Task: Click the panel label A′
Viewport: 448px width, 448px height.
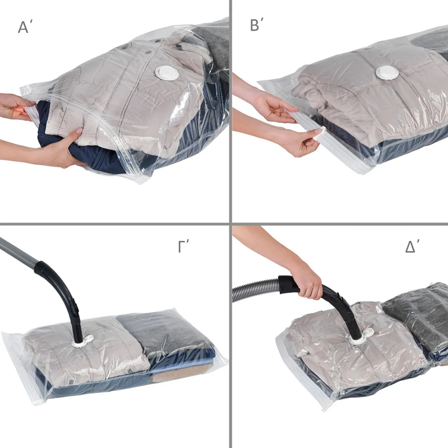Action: point(27,27)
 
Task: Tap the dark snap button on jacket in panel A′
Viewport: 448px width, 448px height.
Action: point(180,46)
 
